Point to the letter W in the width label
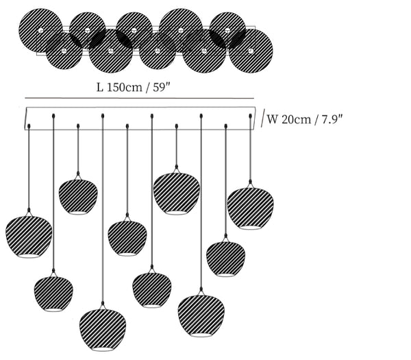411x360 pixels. [273, 119]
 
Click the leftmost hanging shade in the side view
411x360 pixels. [29, 237]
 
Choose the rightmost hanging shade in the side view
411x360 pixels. [250, 207]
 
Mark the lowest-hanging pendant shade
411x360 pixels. [102, 331]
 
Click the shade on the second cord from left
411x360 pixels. [53, 293]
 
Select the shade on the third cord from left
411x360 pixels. [78, 197]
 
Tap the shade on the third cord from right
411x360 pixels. [201, 315]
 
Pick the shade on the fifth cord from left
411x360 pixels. [127, 237]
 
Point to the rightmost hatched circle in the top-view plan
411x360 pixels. [251, 49]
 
